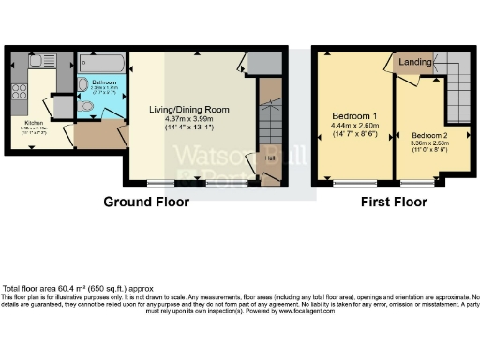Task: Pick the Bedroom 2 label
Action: click(428, 136)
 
